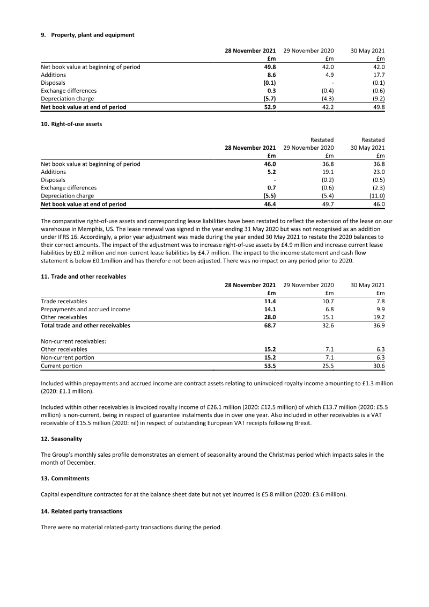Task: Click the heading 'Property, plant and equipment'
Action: (92, 35)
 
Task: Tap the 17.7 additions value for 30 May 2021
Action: (379, 75)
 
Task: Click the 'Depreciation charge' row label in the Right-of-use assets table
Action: (67, 196)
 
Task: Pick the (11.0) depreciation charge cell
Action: (376, 196)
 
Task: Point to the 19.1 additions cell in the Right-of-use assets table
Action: (328, 172)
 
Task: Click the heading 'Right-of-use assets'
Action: (76, 124)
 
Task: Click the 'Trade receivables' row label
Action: (64, 302)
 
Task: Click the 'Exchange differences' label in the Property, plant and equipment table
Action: (69, 91)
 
